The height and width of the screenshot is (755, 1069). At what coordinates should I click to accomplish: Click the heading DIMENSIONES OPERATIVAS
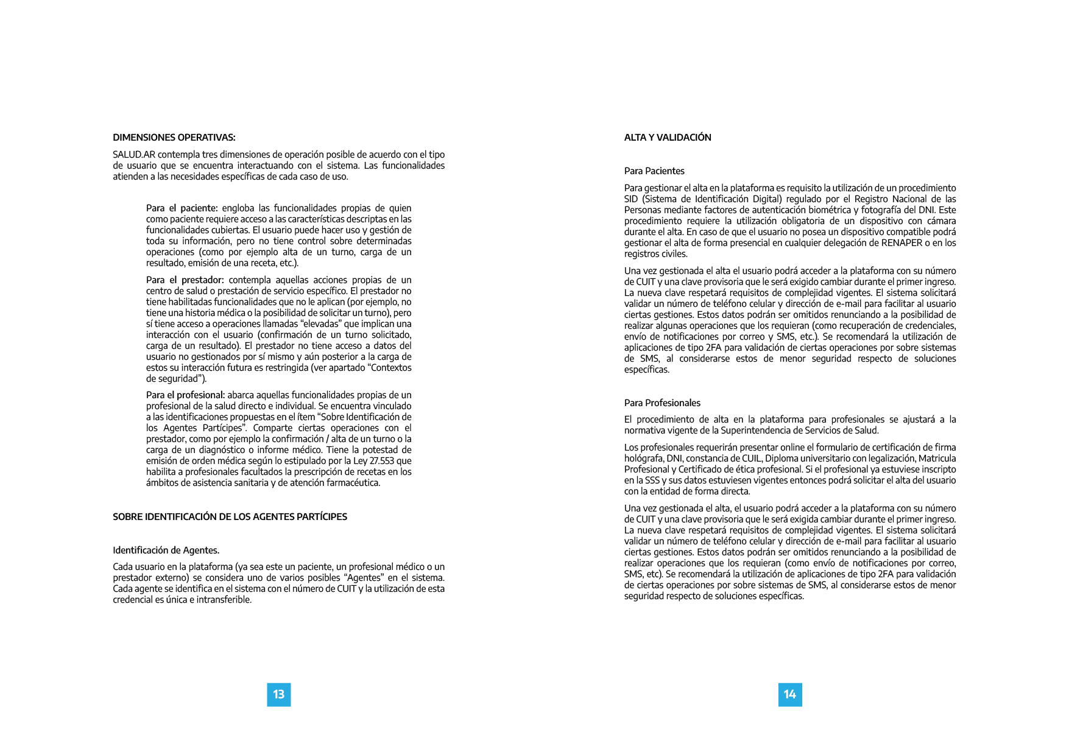coord(174,138)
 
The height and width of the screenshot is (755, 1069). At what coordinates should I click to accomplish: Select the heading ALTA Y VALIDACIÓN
coord(668,138)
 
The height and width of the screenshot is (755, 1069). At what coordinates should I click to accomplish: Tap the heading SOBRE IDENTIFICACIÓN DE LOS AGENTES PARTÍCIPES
coord(230,517)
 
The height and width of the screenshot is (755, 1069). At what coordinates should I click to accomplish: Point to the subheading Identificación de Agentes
coord(166,550)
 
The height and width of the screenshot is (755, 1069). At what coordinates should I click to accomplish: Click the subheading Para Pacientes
coord(654,171)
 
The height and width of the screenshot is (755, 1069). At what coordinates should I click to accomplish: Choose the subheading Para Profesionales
coord(662,403)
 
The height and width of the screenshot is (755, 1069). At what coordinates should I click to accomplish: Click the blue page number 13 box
coord(279,695)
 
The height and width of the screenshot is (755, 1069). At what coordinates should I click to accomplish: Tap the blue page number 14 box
coord(790,695)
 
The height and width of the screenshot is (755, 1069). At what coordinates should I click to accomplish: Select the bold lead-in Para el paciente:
coord(182,208)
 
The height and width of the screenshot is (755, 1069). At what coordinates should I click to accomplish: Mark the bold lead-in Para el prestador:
coord(185,280)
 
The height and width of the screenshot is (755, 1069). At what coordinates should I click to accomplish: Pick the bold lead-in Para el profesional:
coord(185,395)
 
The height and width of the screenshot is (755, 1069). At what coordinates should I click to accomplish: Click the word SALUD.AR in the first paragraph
coord(134,155)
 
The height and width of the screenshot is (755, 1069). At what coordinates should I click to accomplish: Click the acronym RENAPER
coord(901,243)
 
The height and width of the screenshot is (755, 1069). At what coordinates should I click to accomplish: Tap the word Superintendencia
coord(755,430)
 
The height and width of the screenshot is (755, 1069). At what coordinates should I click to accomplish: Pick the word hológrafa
coord(643,458)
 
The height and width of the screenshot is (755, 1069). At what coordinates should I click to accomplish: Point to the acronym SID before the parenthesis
coord(632,199)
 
